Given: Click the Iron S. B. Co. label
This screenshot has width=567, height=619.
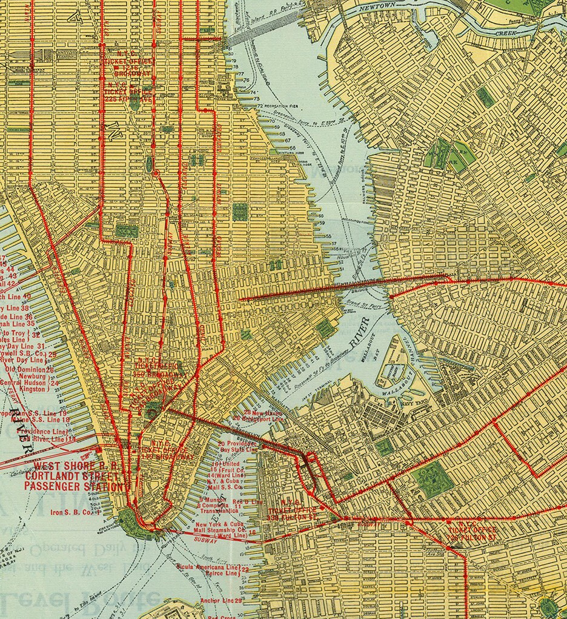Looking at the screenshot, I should click(x=73, y=512).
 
